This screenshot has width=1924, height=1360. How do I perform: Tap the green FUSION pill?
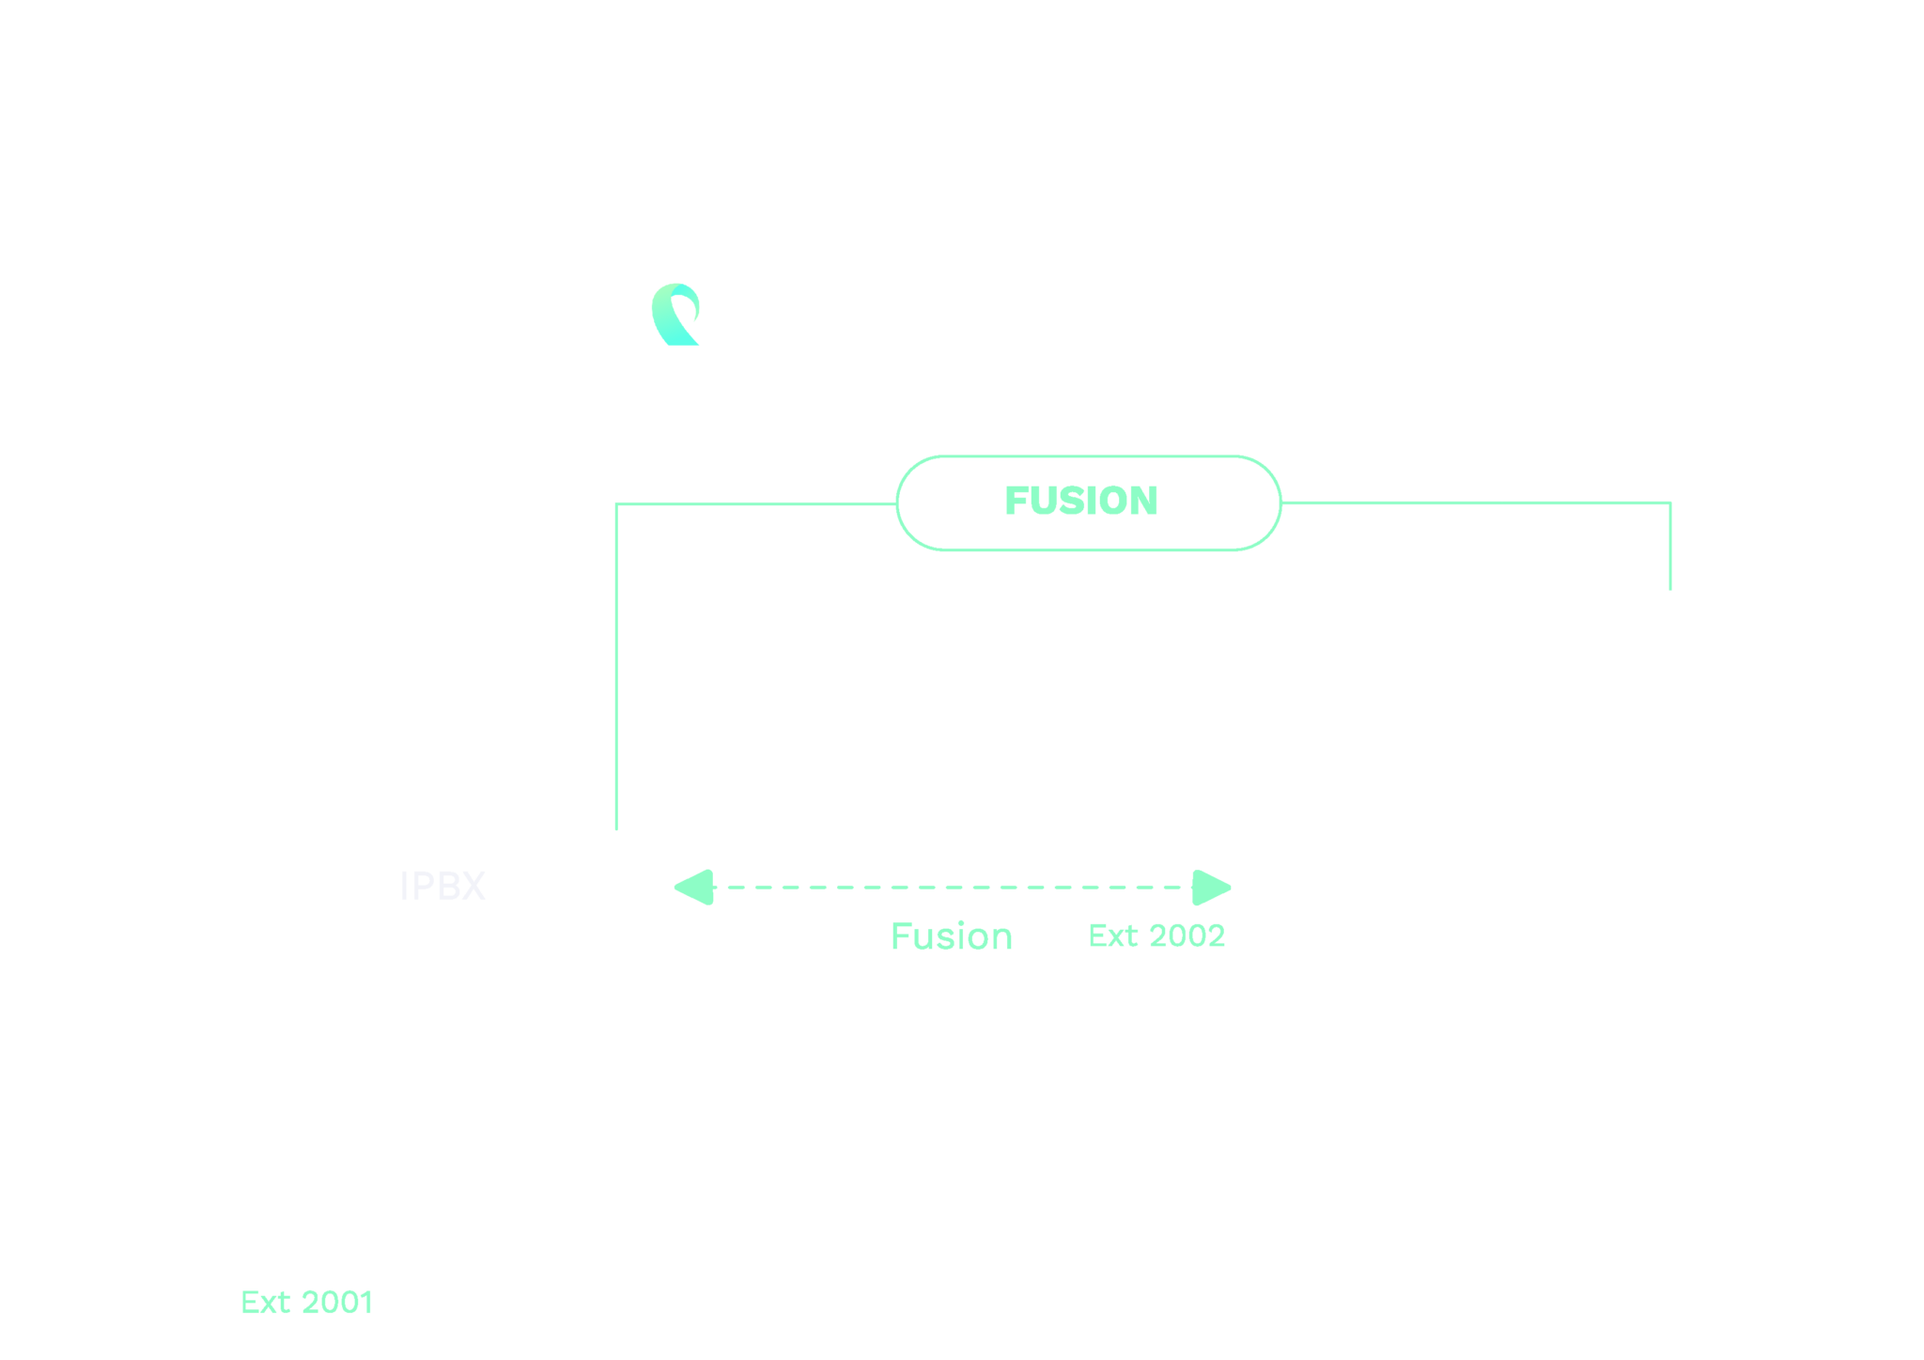[x=1088, y=502]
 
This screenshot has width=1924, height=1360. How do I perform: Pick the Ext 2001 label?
[x=306, y=1303]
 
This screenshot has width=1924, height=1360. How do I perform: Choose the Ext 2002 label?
[x=1156, y=935]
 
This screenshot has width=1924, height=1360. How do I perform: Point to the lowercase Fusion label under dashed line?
[x=951, y=936]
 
